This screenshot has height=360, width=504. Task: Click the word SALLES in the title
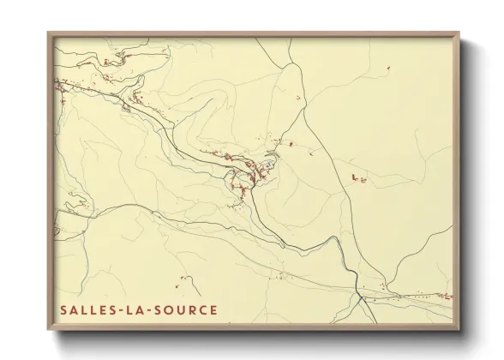click(84, 309)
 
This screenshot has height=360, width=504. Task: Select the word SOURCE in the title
click(183, 309)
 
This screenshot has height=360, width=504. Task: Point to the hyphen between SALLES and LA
click(114, 309)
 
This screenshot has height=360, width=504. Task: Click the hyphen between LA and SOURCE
click(144, 309)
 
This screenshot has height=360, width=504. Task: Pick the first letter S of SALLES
click(64, 309)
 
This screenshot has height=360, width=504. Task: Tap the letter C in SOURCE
click(201, 309)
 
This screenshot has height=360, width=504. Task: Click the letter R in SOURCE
click(188, 309)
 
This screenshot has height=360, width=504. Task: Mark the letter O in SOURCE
click(163, 309)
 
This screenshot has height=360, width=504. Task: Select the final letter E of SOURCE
click(213, 309)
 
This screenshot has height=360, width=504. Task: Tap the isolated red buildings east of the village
click(357, 177)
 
